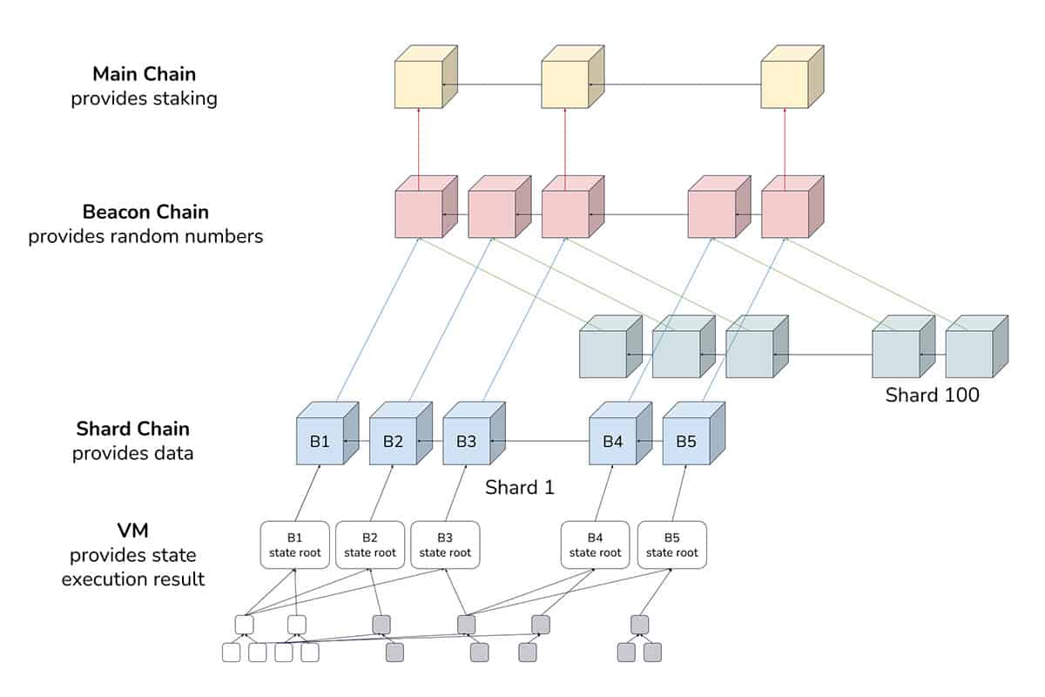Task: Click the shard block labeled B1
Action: pyautogui.click(x=327, y=434)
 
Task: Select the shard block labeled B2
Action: pyautogui.click(x=401, y=434)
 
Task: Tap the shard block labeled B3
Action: pyautogui.click(x=474, y=434)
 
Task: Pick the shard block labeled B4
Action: pyautogui.click(x=620, y=434)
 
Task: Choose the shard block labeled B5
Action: pyautogui.click(x=694, y=434)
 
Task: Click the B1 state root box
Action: pyautogui.click(x=295, y=545)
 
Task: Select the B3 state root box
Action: pyautogui.click(x=445, y=545)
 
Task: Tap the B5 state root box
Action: pyautogui.click(x=671, y=545)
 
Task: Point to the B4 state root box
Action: pyautogui.click(x=595, y=545)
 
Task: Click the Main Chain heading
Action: pyautogui.click(x=145, y=74)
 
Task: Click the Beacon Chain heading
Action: pyautogui.click(x=145, y=212)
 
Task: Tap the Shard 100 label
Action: pyautogui.click(x=932, y=395)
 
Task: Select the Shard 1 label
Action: pyautogui.click(x=520, y=487)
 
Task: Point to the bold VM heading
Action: pyautogui.click(x=133, y=531)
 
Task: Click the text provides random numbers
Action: pyautogui.click(x=145, y=237)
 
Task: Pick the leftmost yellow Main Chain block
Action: pyautogui.click(x=426, y=77)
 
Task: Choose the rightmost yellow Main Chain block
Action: pyautogui.click(x=792, y=77)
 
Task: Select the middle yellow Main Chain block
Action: pyautogui.click(x=573, y=77)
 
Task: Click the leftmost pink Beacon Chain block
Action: pyautogui.click(x=426, y=206)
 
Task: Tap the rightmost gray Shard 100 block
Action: pyautogui.click(x=977, y=347)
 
